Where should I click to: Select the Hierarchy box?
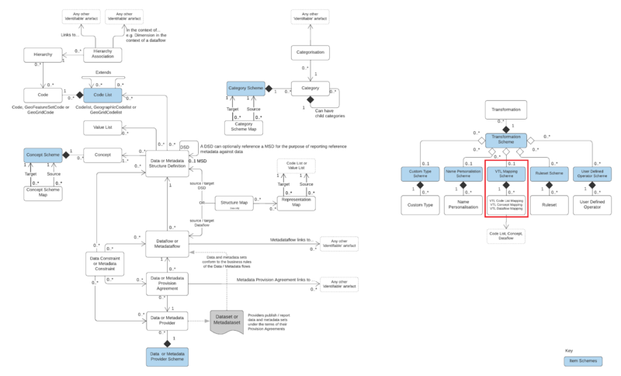[x=42, y=54]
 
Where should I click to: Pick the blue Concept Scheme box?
[x=42, y=155]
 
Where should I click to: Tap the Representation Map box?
[x=297, y=203]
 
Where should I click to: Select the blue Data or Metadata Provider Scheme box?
[x=167, y=357]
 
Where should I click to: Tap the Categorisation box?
[x=311, y=53]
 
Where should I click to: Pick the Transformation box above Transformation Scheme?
[x=506, y=110]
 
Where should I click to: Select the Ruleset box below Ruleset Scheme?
[x=549, y=206]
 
